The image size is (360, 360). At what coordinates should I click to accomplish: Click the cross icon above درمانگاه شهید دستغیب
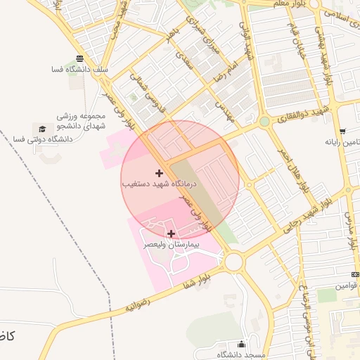(160, 172)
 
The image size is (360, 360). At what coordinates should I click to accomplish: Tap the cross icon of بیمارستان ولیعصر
(171, 233)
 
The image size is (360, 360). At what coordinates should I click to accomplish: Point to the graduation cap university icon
(41, 129)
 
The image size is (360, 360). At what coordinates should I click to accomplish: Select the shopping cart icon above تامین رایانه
(342, 131)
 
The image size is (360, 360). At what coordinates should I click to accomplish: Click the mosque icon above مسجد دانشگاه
(242, 345)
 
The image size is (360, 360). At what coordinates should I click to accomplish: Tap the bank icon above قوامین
(354, 274)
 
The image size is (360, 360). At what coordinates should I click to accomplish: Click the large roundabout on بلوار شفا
(233, 262)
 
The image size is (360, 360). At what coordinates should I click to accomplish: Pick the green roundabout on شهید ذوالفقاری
(264, 122)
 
